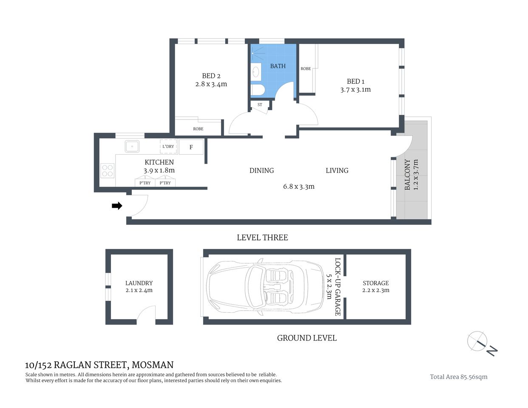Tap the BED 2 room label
coord(211,76)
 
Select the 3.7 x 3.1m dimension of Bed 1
coord(355,90)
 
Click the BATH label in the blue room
coord(278,66)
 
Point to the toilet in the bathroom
coord(257,90)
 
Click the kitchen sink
coord(132,147)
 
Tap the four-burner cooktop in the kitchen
coord(108,170)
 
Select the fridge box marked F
coord(191,147)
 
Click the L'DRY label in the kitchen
coord(168,147)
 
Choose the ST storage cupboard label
coord(260,105)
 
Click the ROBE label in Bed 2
coord(198,129)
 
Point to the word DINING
coord(261,170)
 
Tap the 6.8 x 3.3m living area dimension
coord(299,186)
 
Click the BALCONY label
coord(407,175)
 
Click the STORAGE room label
coord(375,283)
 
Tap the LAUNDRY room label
coord(139,283)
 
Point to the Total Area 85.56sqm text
coord(458,377)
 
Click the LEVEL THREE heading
coord(262,238)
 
